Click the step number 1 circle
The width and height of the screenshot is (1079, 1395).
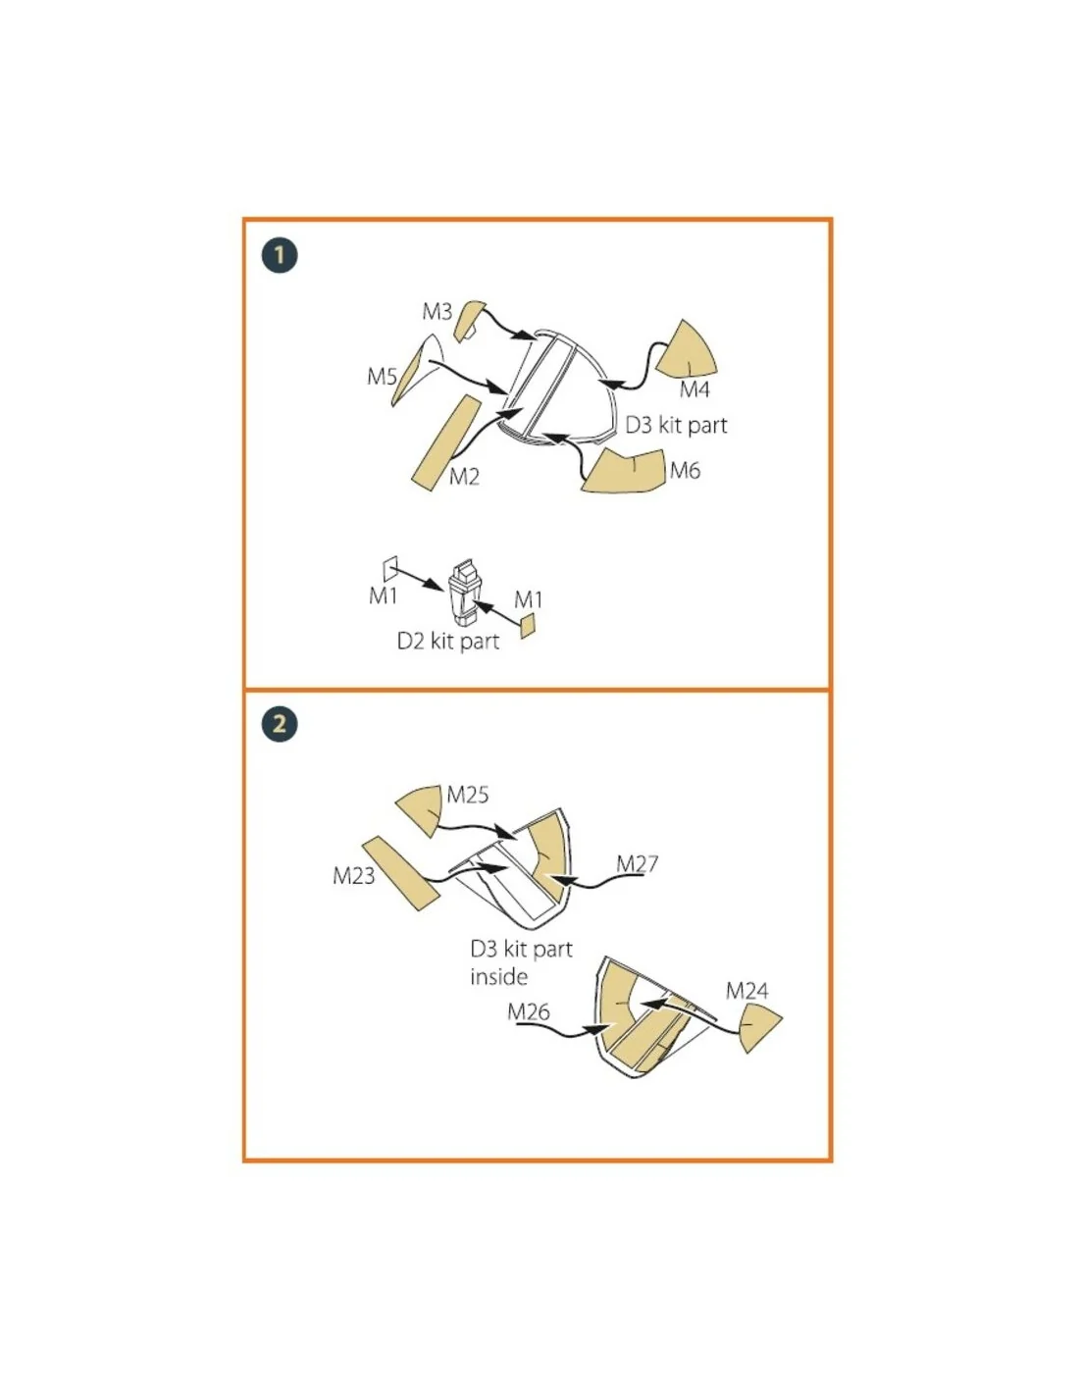point(280,255)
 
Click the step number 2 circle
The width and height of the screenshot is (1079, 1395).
point(280,724)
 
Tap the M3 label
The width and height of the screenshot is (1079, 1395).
point(437,312)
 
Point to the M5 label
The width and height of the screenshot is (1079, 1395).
point(382,376)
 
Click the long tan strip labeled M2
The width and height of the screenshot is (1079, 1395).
point(446,443)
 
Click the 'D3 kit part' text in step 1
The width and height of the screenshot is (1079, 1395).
point(677,425)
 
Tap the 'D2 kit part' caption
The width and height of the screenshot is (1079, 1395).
point(448,641)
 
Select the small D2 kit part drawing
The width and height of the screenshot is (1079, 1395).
point(464,592)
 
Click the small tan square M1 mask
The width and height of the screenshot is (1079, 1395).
point(527,625)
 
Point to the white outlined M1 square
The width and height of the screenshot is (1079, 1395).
point(390,569)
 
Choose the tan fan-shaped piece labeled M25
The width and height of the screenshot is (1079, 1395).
point(419,810)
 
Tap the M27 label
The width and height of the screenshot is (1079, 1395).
point(637,864)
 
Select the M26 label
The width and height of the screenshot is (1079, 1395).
point(529,1011)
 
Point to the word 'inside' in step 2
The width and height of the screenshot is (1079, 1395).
point(498,977)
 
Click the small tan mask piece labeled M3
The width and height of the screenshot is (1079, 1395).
point(469,321)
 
